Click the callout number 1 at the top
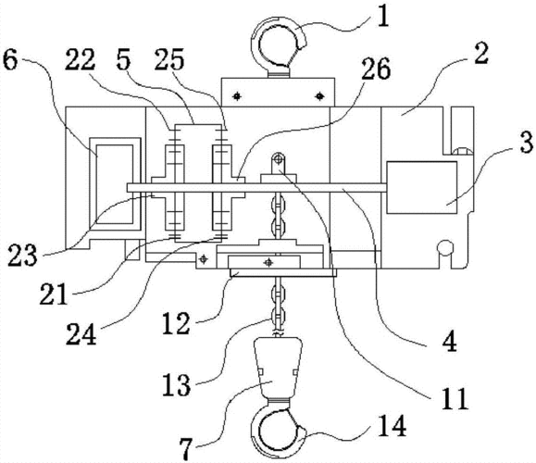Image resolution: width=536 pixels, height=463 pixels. click(383, 17)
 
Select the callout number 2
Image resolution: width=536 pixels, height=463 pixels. click(481, 54)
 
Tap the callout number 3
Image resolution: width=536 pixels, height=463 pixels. click(526, 141)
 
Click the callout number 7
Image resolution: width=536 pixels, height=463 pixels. click(186, 448)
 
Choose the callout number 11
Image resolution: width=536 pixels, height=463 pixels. click(455, 398)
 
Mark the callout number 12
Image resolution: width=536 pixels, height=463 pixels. click(175, 323)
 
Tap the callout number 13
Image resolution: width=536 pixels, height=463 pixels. click(176, 384)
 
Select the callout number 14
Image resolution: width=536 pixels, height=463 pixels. click(392, 426)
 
